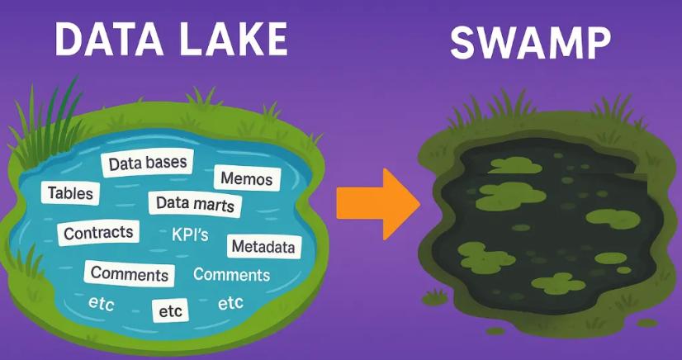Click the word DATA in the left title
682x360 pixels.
[105, 41]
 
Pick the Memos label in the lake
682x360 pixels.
[246, 178]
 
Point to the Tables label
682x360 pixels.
[70, 193]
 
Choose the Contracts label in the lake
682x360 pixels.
[98, 233]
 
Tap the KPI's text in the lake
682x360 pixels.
[190, 235]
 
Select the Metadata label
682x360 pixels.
[263, 246]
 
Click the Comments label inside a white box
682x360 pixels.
[130, 272]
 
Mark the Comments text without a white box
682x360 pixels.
[231, 275]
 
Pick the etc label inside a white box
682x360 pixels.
[170, 311]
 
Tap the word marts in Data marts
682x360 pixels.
[214, 204]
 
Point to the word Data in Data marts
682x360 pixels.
[173, 202]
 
